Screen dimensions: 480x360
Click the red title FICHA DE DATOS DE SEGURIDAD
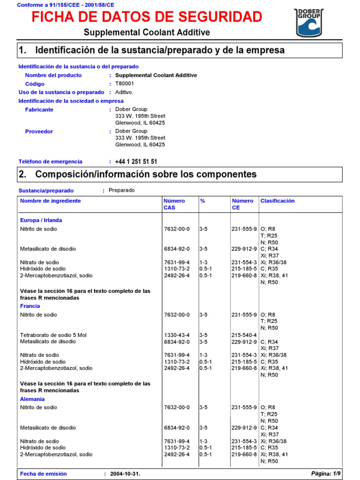pyautogui.click(x=147, y=17)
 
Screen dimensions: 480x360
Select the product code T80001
pyautogui.click(x=125, y=84)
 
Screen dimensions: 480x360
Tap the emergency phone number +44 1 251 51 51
pyautogui.click(x=136, y=162)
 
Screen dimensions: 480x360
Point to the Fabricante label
pyautogui.click(x=39, y=110)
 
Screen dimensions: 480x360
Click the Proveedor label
pyautogui.click(x=39, y=132)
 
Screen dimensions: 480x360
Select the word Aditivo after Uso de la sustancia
pyautogui.click(x=124, y=92)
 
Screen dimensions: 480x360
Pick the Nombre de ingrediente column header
pyautogui.click(x=51, y=201)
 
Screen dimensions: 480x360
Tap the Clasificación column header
pyautogui.click(x=277, y=201)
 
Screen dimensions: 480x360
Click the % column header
pyautogui.click(x=202, y=201)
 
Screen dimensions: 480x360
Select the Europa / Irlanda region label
pyautogui.click(x=41, y=220)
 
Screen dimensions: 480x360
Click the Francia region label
pyautogui.click(x=30, y=306)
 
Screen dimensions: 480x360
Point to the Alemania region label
pyautogui.click(x=32, y=399)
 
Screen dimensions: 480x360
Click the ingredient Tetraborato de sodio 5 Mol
pyautogui.click(x=53, y=335)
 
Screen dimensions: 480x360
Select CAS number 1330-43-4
pyautogui.click(x=177, y=335)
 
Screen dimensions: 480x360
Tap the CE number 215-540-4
pyautogui.click(x=244, y=335)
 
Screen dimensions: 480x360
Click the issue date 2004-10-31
pyautogui.click(x=125, y=474)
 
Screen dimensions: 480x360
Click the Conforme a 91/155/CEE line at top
pyautogui.click(x=65, y=5)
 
